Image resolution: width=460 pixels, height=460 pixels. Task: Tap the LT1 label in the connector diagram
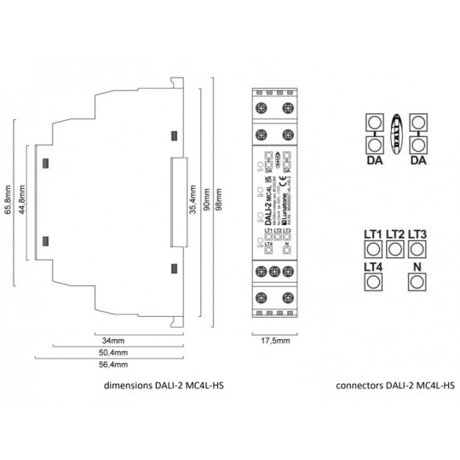coord(372,234)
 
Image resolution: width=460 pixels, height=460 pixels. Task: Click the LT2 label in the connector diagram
coord(394,234)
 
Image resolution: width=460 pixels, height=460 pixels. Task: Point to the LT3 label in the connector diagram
coord(417,234)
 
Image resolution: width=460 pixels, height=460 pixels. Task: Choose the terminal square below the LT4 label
coord(372,283)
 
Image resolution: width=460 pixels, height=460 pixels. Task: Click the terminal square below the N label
coord(417,283)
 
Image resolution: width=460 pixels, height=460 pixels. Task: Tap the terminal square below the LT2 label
coord(394,249)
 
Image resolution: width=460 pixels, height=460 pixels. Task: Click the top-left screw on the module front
coord(261,107)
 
